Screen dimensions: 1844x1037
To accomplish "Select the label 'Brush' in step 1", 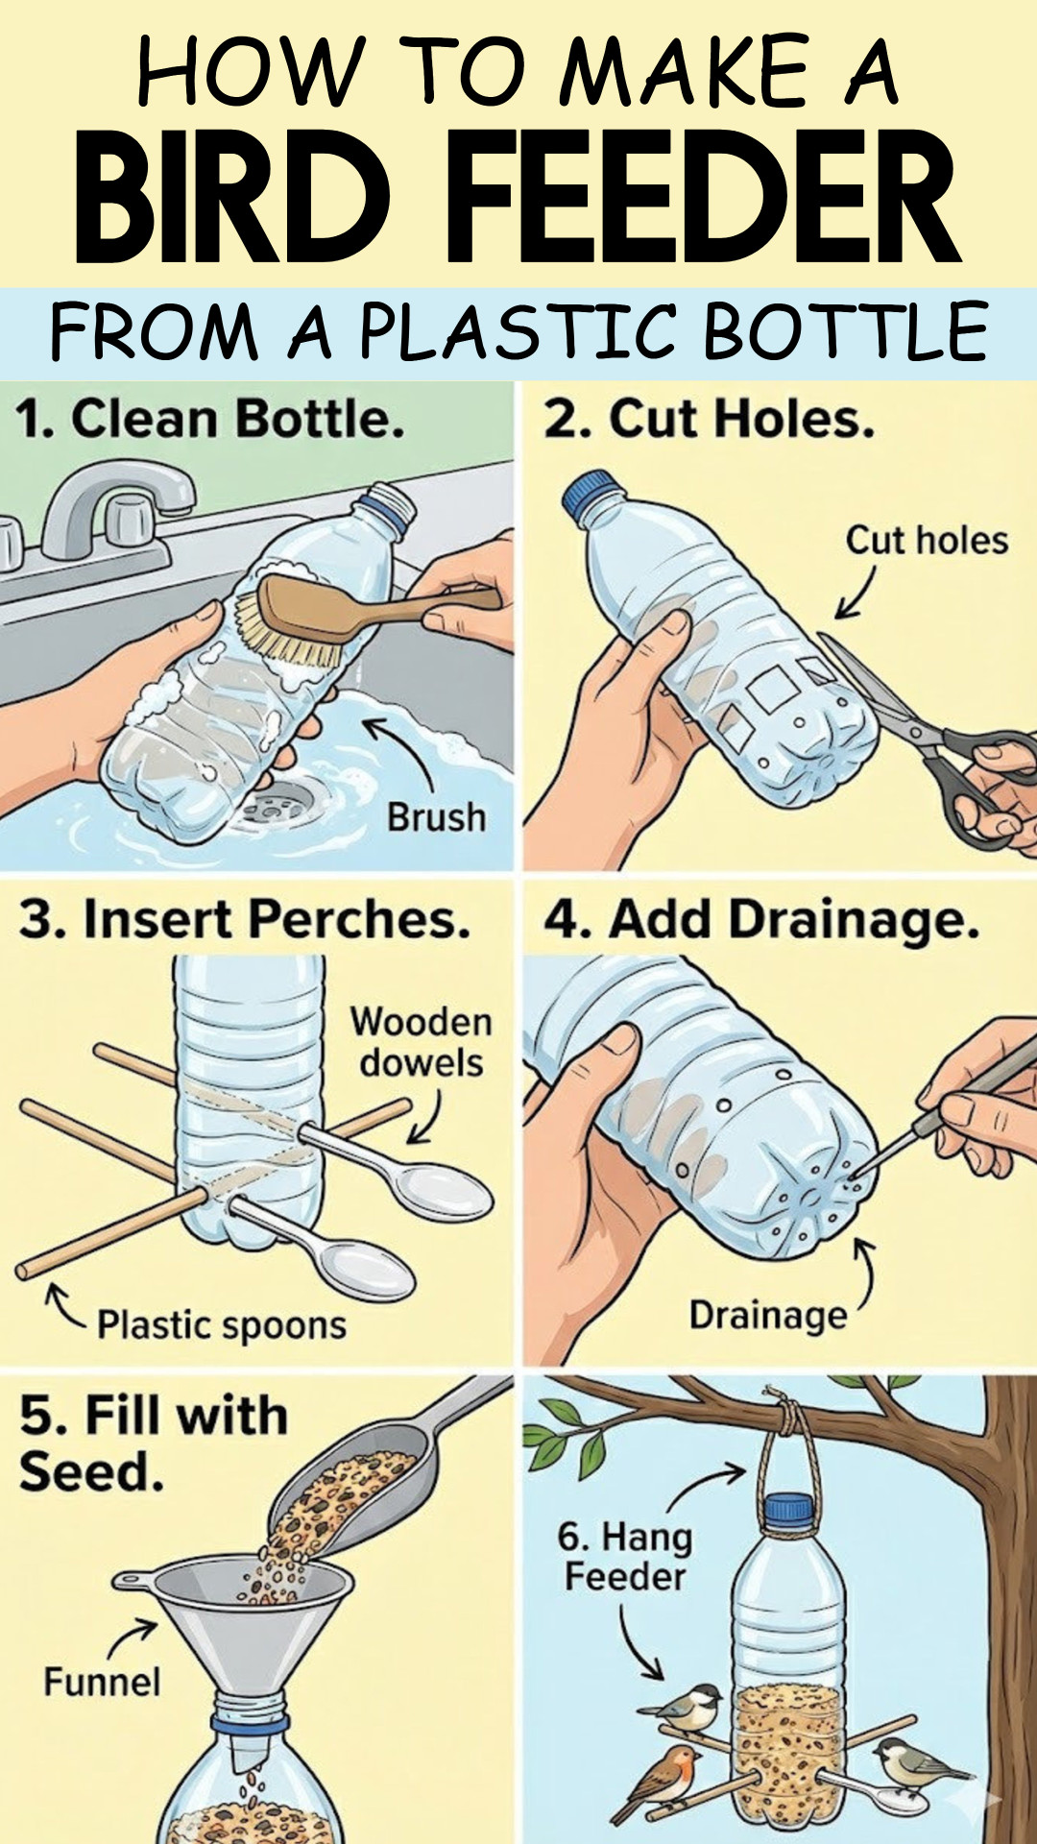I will pos(436,817).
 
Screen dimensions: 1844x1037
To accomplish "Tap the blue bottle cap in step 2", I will pos(588,493).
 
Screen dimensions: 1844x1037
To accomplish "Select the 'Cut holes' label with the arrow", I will pos(926,541).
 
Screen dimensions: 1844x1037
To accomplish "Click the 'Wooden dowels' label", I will pos(421,1042).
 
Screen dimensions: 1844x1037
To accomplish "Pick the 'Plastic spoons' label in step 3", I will pos(221,1325).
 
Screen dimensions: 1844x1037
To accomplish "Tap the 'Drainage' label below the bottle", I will pos(768,1315).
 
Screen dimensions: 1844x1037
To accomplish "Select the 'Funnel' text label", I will pos(102,1682).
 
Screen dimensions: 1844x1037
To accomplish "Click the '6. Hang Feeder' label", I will pos(624,1557).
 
